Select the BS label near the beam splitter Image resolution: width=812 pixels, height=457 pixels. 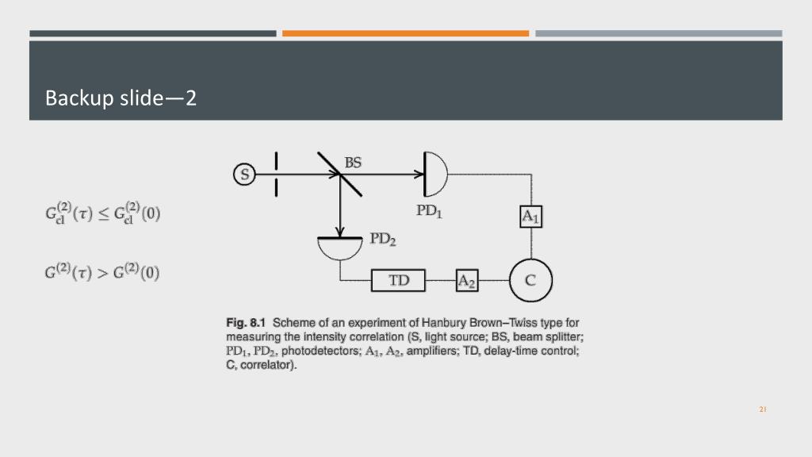pos(353,163)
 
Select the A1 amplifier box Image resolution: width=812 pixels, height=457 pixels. pos(530,216)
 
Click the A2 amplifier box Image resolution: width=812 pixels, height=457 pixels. pos(466,281)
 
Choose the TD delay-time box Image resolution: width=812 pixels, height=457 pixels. pos(399,281)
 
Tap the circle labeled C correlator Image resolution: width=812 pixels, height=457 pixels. pos(530,280)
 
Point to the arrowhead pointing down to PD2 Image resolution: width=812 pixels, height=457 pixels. pos(339,231)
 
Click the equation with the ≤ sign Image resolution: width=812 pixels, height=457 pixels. pos(102,214)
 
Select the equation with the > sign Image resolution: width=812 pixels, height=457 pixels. pos(102,273)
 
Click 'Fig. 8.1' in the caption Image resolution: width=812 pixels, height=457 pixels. pos(246,323)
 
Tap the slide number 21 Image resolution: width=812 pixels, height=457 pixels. pos(763,409)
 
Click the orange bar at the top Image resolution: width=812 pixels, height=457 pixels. pos(405,33)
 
